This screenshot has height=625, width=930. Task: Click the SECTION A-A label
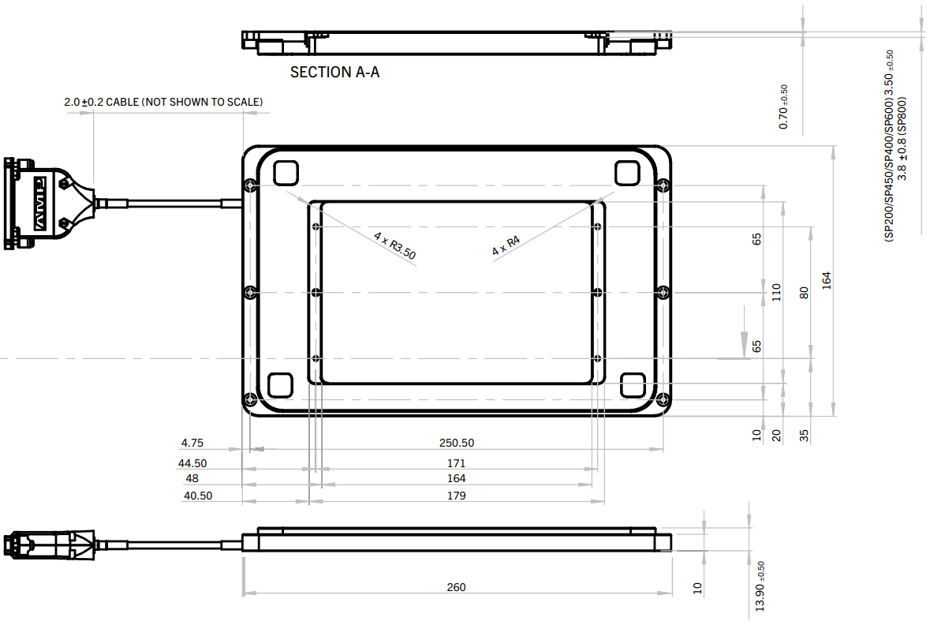[334, 73]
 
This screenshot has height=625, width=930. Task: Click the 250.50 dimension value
[457, 443]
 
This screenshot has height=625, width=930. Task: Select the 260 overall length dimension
[456, 587]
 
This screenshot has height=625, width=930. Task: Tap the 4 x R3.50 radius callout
[394, 245]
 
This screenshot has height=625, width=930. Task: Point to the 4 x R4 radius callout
[506, 245]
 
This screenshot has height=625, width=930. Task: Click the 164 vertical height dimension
[826, 280]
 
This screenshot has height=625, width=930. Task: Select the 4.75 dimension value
[192, 443]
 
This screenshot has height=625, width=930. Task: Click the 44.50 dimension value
[192, 463]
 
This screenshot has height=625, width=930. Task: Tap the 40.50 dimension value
[197, 496]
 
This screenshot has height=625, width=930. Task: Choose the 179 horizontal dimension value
[456, 496]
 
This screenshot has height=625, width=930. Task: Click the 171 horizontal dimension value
[456, 463]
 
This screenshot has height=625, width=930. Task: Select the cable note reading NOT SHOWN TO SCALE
[163, 102]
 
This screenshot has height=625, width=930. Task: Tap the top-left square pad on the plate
[285, 171]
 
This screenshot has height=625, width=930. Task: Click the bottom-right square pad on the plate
[633, 384]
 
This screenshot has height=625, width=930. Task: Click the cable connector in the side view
[47, 545]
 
